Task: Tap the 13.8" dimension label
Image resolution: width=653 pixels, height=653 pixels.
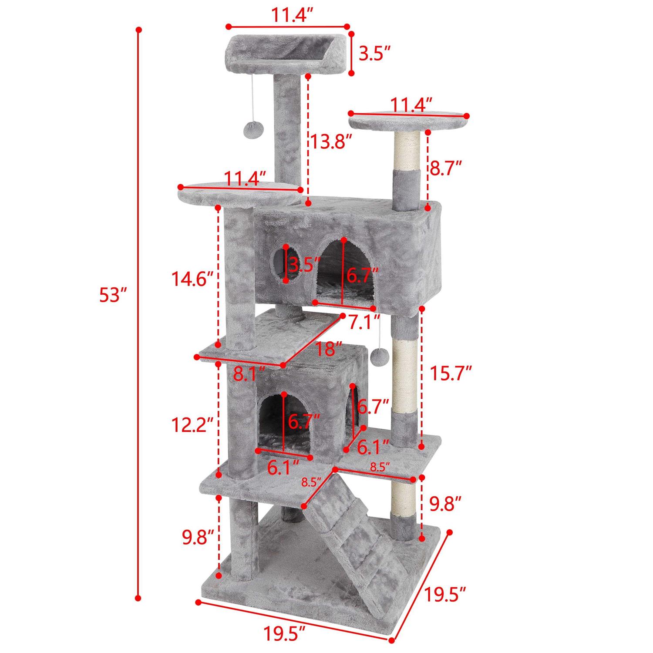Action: pyautogui.click(x=330, y=141)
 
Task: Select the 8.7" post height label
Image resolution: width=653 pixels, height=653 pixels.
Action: pyautogui.click(x=445, y=167)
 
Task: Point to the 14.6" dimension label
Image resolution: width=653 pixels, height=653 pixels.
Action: pyautogui.click(x=192, y=279)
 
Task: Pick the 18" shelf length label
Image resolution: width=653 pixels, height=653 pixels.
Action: pyautogui.click(x=328, y=348)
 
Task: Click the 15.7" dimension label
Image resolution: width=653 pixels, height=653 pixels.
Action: pyautogui.click(x=451, y=372)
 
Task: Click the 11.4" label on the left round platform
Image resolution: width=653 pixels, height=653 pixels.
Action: pyautogui.click(x=245, y=178)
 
